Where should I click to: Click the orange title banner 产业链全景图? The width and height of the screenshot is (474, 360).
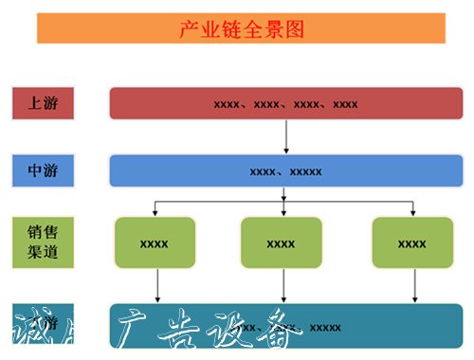[241, 28]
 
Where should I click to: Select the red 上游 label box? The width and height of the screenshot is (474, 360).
[44, 103]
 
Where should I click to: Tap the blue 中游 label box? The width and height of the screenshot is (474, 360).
[44, 171]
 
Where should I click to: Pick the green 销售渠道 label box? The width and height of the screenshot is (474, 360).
[44, 242]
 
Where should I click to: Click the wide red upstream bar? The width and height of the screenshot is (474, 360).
[285, 103]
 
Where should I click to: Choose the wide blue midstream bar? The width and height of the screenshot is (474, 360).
[285, 171]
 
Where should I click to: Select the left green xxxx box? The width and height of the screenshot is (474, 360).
[154, 243]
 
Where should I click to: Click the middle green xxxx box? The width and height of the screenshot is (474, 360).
[282, 243]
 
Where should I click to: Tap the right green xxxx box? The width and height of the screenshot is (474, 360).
[411, 243]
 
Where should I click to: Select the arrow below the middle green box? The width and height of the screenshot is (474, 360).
[283, 285]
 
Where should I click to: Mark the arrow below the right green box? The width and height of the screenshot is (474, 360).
[414, 285]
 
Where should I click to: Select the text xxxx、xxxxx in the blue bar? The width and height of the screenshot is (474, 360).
[285, 171]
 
